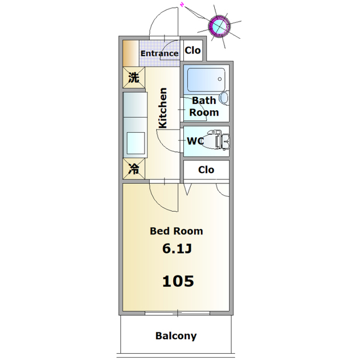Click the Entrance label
point(159,53)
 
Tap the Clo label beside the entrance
point(193,50)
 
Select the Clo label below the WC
point(206,169)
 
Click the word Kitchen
point(163,109)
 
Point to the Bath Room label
point(204,106)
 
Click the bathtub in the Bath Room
point(205,80)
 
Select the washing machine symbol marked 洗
point(133,78)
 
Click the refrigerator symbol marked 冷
point(134,169)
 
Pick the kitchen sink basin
point(134,142)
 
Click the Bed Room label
point(176,231)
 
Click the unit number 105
point(178,280)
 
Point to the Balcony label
point(176,336)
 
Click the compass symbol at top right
point(219,25)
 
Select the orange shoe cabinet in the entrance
point(130,53)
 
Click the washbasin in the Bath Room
point(223,98)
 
